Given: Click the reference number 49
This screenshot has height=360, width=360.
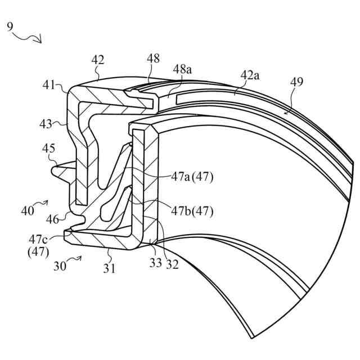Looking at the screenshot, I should [x=296, y=82].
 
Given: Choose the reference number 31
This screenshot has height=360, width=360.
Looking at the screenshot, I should [x=109, y=269].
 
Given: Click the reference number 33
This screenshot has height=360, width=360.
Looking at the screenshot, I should [x=155, y=263].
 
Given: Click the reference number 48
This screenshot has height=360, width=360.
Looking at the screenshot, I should [x=153, y=58].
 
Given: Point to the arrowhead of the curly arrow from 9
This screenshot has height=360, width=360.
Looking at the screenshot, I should [x=40, y=40].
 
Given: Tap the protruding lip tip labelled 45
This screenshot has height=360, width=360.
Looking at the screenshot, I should [x=55, y=168].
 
